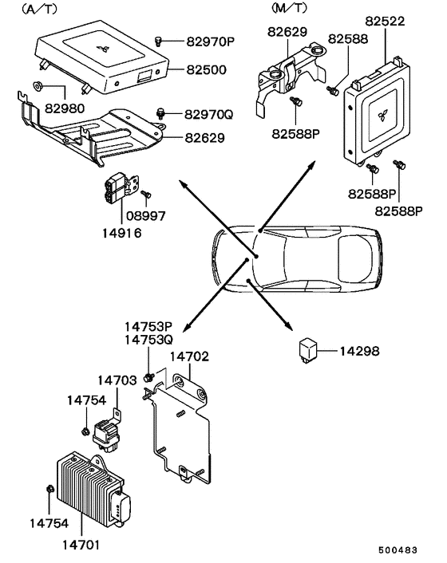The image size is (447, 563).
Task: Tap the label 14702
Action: coord(190,357)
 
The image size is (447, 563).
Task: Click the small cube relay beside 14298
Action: coord(309,349)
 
